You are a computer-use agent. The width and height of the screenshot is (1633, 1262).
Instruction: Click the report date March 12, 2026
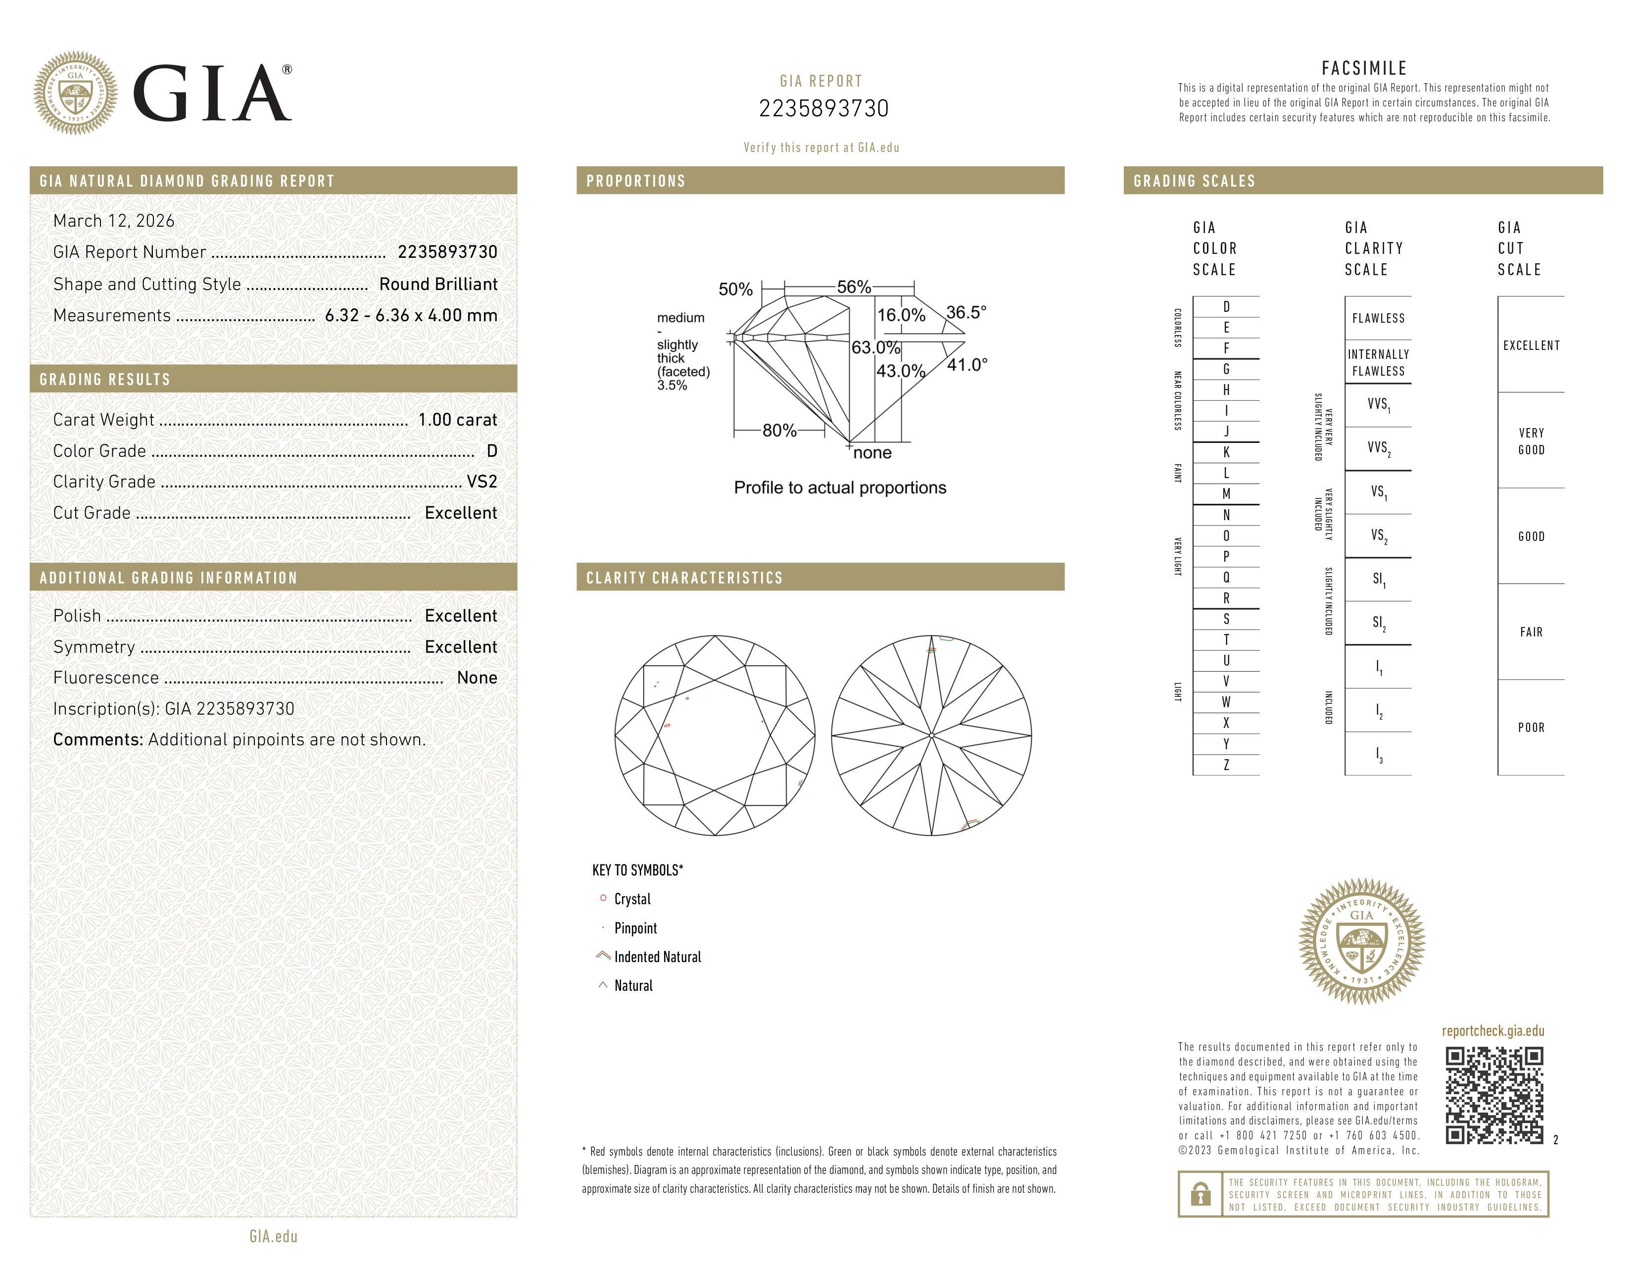114,221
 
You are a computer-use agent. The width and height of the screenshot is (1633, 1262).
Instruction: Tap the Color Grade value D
491,451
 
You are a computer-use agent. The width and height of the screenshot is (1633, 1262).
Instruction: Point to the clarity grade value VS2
481,482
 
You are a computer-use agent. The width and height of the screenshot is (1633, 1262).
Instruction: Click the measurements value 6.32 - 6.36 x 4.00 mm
411,316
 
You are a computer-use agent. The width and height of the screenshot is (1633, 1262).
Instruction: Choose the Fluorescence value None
476,678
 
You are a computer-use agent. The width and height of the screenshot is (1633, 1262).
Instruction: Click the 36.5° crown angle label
966,312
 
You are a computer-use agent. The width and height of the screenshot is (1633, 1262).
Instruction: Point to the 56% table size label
853,287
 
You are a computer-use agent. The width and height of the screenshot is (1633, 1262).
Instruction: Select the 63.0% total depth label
875,347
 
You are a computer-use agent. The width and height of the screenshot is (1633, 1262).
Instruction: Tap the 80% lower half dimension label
779,431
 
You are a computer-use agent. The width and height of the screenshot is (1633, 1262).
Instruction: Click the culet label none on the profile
872,453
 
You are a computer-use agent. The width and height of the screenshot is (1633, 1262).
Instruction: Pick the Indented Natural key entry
657,957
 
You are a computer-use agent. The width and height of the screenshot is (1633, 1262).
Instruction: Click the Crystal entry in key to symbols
632,899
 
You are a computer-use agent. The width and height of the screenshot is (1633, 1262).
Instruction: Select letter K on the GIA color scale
1226,452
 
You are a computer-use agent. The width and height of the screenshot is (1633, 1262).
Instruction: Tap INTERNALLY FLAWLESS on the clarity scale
1378,363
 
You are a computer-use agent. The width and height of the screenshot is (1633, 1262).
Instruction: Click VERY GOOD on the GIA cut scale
1531,441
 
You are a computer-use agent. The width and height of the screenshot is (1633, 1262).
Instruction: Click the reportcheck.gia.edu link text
1492,1031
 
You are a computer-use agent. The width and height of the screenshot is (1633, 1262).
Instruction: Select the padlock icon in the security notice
1200,1194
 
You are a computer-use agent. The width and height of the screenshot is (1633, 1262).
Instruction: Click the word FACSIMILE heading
1364,68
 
